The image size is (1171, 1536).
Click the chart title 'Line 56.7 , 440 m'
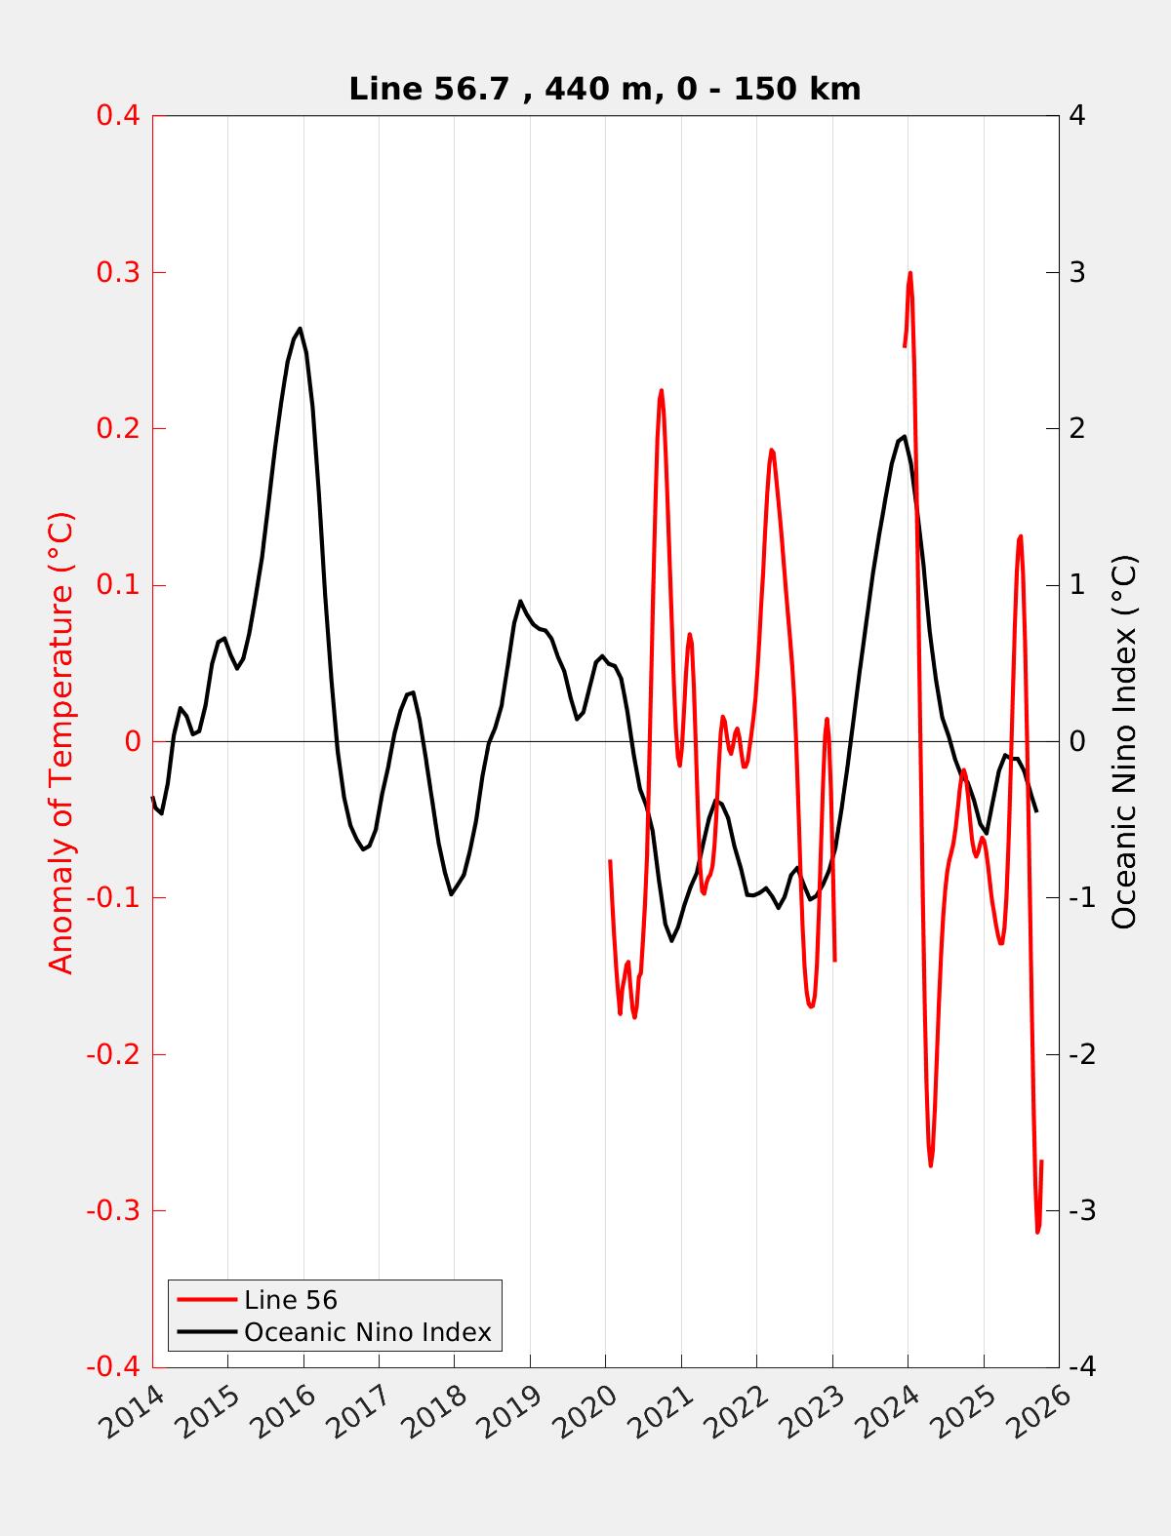[604, 90]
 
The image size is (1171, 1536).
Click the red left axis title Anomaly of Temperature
[61, 741]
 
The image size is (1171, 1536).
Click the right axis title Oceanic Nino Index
[1124, 741]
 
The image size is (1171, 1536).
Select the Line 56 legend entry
[290, 1300]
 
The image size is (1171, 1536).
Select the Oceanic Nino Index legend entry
[367, 1331]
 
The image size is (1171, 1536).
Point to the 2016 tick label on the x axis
[288, 1411]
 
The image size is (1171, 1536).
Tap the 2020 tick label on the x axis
[590, 1411]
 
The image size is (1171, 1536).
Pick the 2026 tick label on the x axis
[1044, 1411]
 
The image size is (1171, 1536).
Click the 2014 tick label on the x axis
[137, 1411]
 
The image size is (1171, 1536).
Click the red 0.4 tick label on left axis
[117, 115]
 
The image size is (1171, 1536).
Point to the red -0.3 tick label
[113, 1211]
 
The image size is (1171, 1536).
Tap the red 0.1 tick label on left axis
[117, 585]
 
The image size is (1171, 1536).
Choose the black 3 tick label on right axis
[1078, 272]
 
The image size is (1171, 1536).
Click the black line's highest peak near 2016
[300, 329]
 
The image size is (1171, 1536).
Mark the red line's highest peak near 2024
[910, 273]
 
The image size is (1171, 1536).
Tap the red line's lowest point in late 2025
[1037, 1232]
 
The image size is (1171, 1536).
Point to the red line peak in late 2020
[661, 390]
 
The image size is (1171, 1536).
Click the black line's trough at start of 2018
[452, 894]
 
